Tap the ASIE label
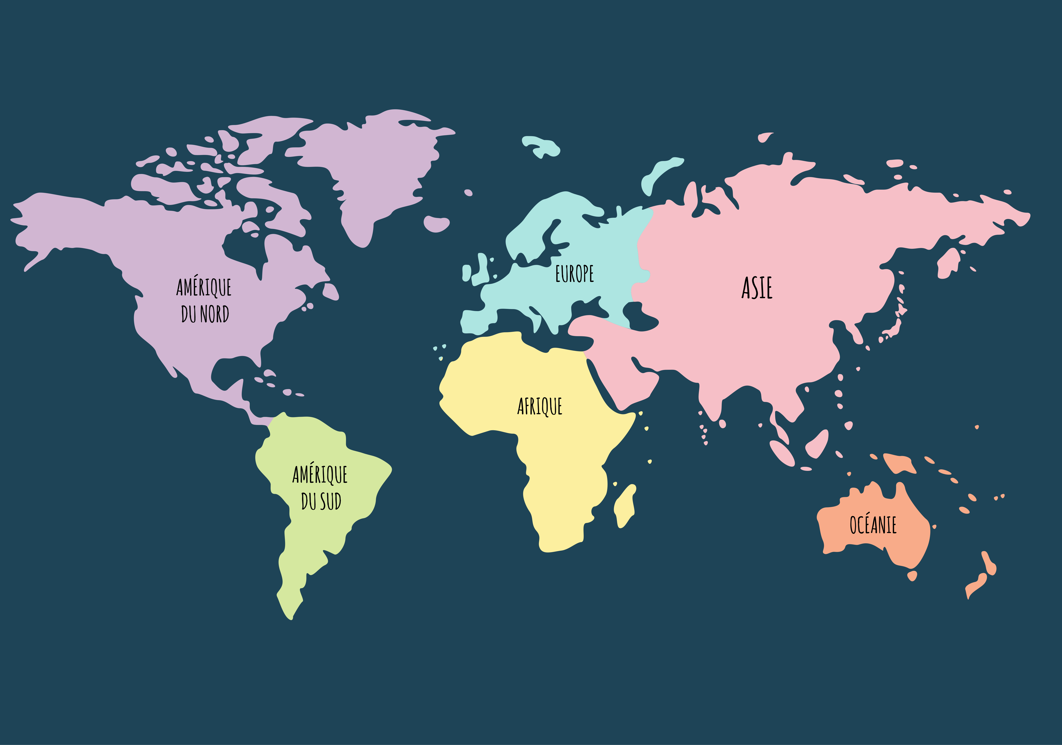757,288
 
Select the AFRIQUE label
539,406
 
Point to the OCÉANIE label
873,525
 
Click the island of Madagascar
624,506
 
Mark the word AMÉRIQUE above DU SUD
320,474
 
